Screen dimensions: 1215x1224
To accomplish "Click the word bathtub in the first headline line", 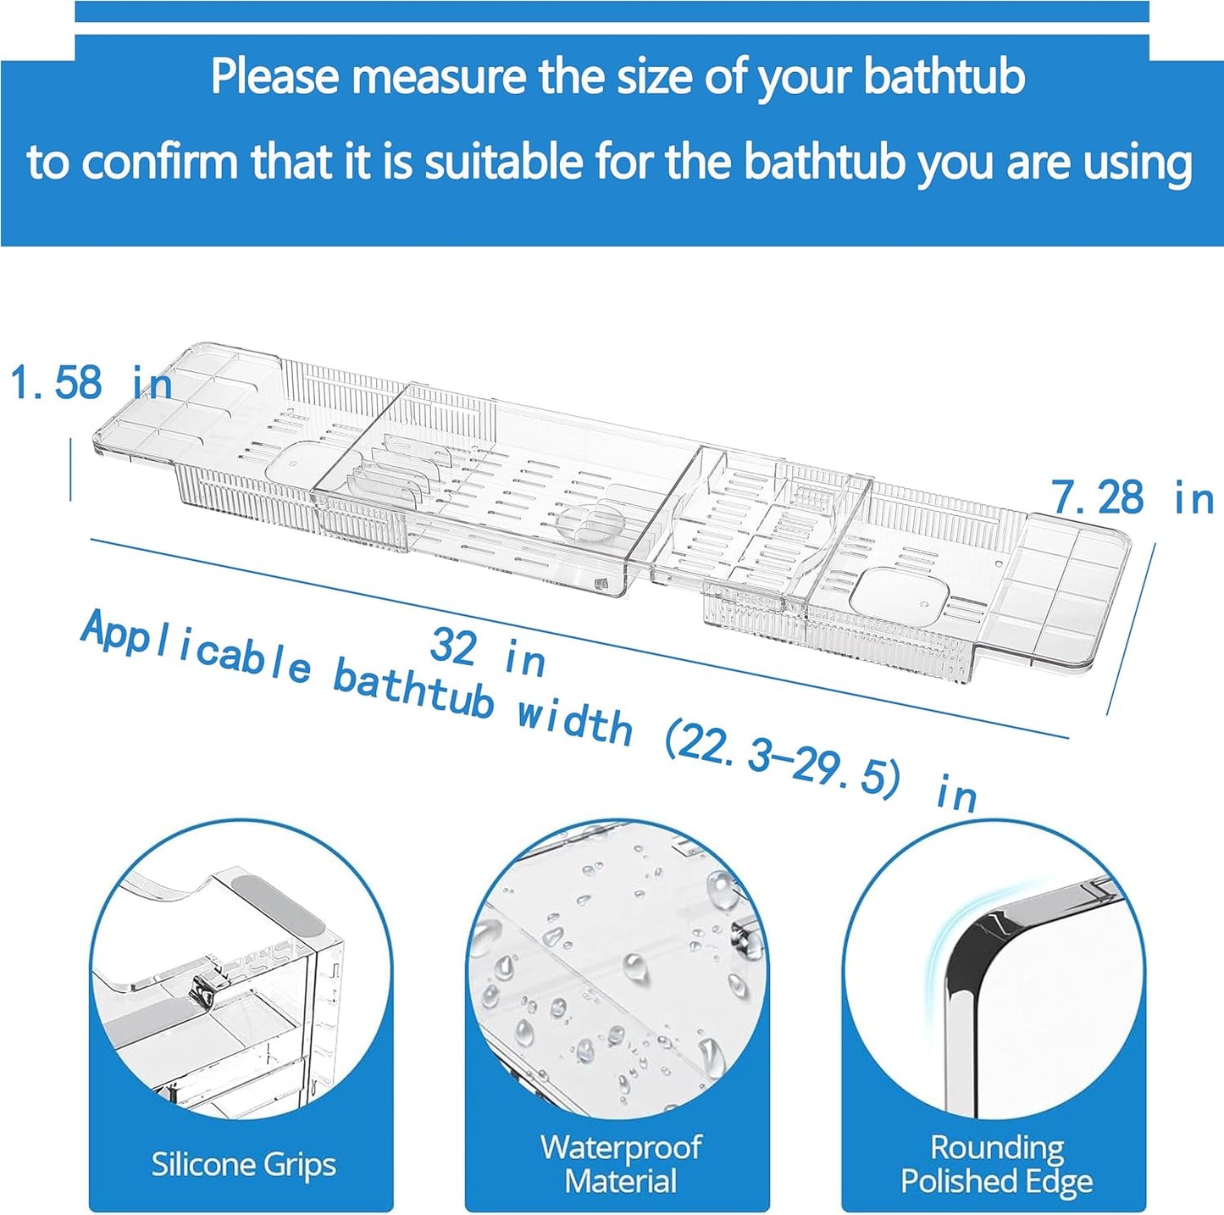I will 944,77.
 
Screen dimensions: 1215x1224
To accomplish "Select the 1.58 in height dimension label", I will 91,382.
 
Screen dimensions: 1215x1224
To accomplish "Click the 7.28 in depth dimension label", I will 1133,498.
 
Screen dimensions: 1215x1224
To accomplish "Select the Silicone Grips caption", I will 244,1164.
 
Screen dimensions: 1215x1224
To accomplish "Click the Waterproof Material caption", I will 621,1163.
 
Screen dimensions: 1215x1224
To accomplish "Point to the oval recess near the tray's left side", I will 293,457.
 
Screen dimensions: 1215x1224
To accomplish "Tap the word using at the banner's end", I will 1143,162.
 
